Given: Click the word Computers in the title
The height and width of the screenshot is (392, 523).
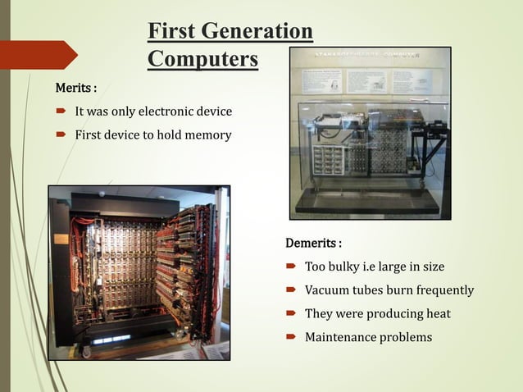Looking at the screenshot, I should click(x=202, y=59).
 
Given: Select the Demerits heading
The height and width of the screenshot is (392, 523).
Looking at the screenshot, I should click(x=313, y=244).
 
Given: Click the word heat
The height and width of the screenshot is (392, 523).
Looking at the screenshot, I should click(x=435, y=313).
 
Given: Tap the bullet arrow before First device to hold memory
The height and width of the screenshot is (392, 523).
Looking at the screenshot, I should click(x=61, y=134).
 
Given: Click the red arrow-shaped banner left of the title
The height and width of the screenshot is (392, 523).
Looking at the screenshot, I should click(x=38, y=54).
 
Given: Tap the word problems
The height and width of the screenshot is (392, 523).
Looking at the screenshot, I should click(x=406, y=337).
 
